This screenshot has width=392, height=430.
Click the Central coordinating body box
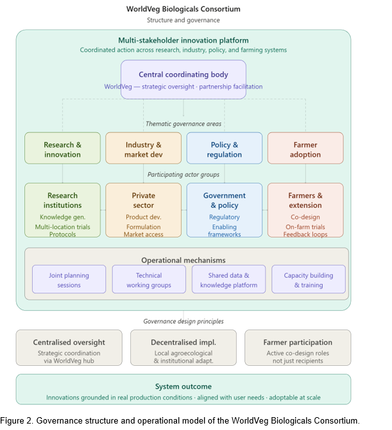[x=183, y=80]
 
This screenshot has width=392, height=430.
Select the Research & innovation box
[x=62, y=148]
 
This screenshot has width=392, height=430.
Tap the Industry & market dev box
[x=143, y=148]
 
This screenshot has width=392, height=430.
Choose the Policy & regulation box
[x=225, y=148]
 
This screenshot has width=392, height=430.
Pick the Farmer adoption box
[x=305, y=148]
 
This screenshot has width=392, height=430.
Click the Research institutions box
[x=62, y=210]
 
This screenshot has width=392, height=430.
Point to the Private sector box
[x=143, y=210]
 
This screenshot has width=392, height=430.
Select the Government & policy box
[x=225, y=210]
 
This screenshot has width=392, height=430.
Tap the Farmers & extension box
[x=305, y=210]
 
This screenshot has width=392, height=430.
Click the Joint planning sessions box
[x=69, y=279]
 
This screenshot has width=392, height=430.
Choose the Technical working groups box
[x=149, y=279]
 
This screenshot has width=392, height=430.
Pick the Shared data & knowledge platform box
[x=228, y=279]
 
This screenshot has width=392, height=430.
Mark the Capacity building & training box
[x=309, y=279]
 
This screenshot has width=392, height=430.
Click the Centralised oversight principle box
[x=69, y=348]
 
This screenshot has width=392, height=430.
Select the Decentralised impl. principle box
[x=183, y=348]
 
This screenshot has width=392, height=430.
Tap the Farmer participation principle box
[x=298, y=348]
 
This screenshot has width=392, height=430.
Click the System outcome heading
[x=183, y=386]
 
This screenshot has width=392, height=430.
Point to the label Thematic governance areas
[x=183, y=124]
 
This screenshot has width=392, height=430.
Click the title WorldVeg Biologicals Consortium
[x=183, y=9]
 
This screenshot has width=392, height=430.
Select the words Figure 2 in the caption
[x=17, y=420]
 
